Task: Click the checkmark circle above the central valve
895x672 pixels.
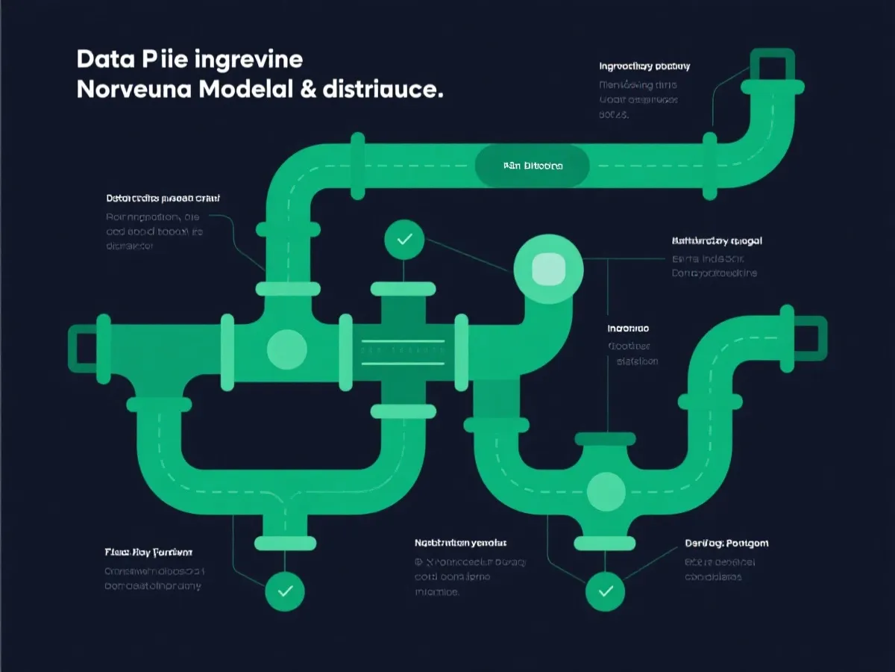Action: (x=404, y=240)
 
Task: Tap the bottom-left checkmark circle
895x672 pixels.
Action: (x=285, y=591)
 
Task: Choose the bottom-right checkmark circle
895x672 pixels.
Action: (x=606, y=591)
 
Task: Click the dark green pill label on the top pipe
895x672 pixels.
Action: (x=533, y=165)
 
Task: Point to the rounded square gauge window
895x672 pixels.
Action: (x=547, y=270)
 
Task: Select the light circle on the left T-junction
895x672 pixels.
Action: (x=287, y=348)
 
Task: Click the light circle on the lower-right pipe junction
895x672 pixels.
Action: (x=606, y=491)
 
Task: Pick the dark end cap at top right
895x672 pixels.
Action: (x=772, y=66)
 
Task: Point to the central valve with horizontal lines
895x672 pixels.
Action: (x=403, y=351)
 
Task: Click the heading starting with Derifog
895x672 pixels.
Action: (x=726, y=544)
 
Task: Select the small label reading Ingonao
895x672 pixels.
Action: (x=628, y=329)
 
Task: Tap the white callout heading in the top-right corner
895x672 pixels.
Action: (x=644, y=66)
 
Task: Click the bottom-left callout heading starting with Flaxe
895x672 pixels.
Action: (x=148, y=553)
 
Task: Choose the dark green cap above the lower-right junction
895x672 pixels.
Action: (x=606, y=439)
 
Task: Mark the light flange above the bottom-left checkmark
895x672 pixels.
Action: (x=285, y=542)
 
